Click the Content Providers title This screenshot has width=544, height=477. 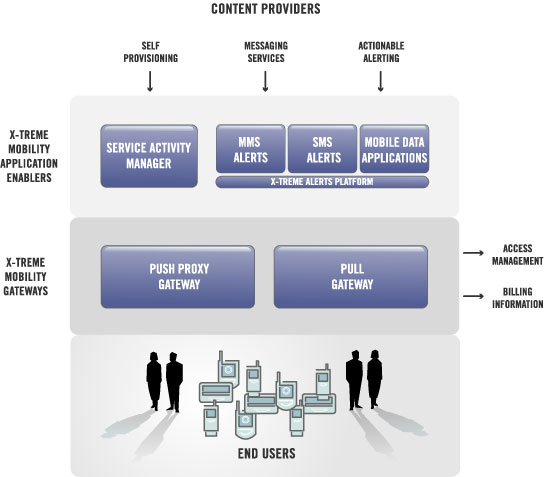pos(266,9)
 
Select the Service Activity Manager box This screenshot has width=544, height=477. pos(149,156)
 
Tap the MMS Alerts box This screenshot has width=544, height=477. pos(250,149)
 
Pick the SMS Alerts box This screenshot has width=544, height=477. pos(322,149)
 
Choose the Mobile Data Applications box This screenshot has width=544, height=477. pos(394,149)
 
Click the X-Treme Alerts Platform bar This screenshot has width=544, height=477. pos(322,182)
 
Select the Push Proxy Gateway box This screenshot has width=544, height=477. pos(178,277)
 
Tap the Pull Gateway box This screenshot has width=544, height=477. pos(351,277)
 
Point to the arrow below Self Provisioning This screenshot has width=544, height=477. pos(150,81)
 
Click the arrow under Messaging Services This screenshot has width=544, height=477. pos(265,81)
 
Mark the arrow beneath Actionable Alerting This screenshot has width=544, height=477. pos(380,81)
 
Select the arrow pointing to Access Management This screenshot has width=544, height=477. pos(473,253)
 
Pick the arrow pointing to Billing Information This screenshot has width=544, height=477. pos(473,296)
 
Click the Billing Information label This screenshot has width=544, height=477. pos(518,298)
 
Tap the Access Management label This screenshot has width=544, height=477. pos(518,255)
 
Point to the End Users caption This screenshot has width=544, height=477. pos(266,453)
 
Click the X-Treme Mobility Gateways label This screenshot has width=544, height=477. pos(26,276)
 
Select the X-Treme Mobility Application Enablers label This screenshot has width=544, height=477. pos(29,156)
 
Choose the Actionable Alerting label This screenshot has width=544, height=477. pos(381,52)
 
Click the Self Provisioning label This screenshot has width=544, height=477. pos(151,52)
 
